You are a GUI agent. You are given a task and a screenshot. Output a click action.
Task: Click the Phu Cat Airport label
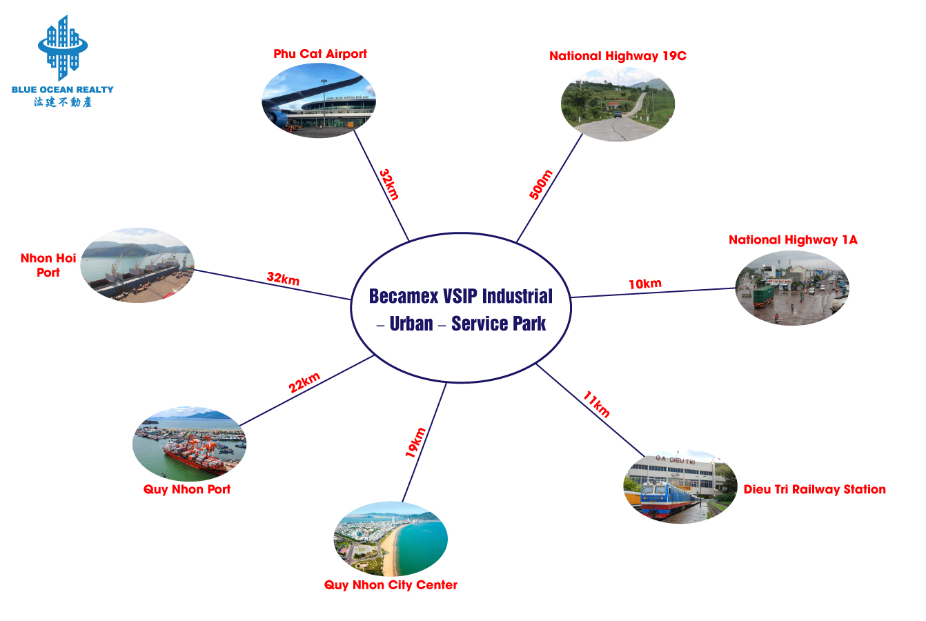point(320,54)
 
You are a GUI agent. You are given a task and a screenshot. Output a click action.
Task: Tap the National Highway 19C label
point(618,56)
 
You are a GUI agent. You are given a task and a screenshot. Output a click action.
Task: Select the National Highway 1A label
point(794,240)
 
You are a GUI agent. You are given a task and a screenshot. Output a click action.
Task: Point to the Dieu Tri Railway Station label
point(815,489)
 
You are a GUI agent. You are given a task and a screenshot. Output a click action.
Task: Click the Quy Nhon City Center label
point(391,585)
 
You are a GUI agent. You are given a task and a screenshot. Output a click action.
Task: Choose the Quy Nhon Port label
point(187,489)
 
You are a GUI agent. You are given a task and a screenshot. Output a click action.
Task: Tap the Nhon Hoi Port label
point(48,266)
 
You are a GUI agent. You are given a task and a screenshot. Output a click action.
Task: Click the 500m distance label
point(541,184)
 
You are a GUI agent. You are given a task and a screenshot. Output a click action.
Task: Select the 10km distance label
point(645,284)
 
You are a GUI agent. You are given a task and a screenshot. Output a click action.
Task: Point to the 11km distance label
point(596,404)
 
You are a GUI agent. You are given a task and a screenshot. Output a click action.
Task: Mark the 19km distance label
point(415,442)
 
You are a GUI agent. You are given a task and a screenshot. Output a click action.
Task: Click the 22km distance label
point(304,382)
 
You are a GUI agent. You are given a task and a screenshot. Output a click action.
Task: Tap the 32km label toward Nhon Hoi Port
point(283,278)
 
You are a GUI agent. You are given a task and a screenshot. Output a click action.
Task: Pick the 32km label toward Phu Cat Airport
point(389,184)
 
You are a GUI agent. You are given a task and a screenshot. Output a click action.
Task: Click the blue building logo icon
point(63,48)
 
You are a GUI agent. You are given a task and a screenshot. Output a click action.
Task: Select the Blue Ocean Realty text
point(62,89)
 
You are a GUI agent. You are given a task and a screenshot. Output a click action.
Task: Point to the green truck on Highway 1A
point(763,297)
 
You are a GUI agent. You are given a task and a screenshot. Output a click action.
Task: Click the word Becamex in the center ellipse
point(402,297)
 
